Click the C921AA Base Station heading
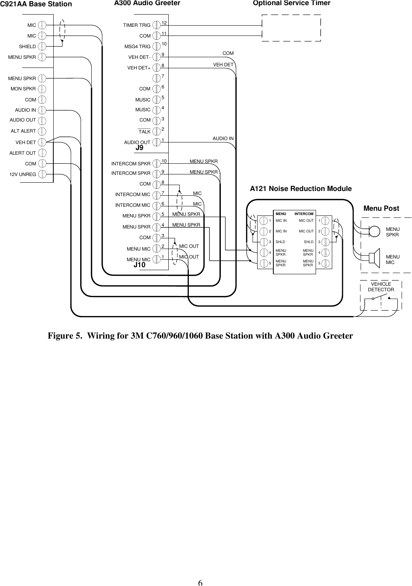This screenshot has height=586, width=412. click(x=36, y=4)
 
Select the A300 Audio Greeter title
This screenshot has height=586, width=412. click(x=147, y=4)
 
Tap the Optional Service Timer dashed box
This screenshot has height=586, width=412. click(x=291, y=28)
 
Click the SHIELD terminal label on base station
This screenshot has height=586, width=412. click(x=27, y=47)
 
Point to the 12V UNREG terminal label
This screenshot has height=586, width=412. click(x=23, y=174)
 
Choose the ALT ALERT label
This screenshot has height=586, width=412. click(x=23, y=131)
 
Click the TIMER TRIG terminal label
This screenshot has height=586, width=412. click(x=137, y=25)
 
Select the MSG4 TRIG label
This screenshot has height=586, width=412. click(x=137, y=47)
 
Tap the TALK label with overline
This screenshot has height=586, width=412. click(x=145, y=131)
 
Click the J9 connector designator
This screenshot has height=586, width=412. click(x=139, y=148)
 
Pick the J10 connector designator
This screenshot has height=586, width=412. click(x=139, y=265)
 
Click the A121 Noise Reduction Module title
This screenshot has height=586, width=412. click(x=301, y=189)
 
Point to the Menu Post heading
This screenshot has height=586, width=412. click(x=381, y=208)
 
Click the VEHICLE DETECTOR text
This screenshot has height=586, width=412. click(x=381, y=287)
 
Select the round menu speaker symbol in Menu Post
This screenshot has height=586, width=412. click(x=374, y=230)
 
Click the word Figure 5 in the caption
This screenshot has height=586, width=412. click(x=65, y=336)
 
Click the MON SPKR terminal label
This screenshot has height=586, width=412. click(x=23, y=89)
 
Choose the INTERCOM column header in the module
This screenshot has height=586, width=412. click(x=304, y=214)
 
